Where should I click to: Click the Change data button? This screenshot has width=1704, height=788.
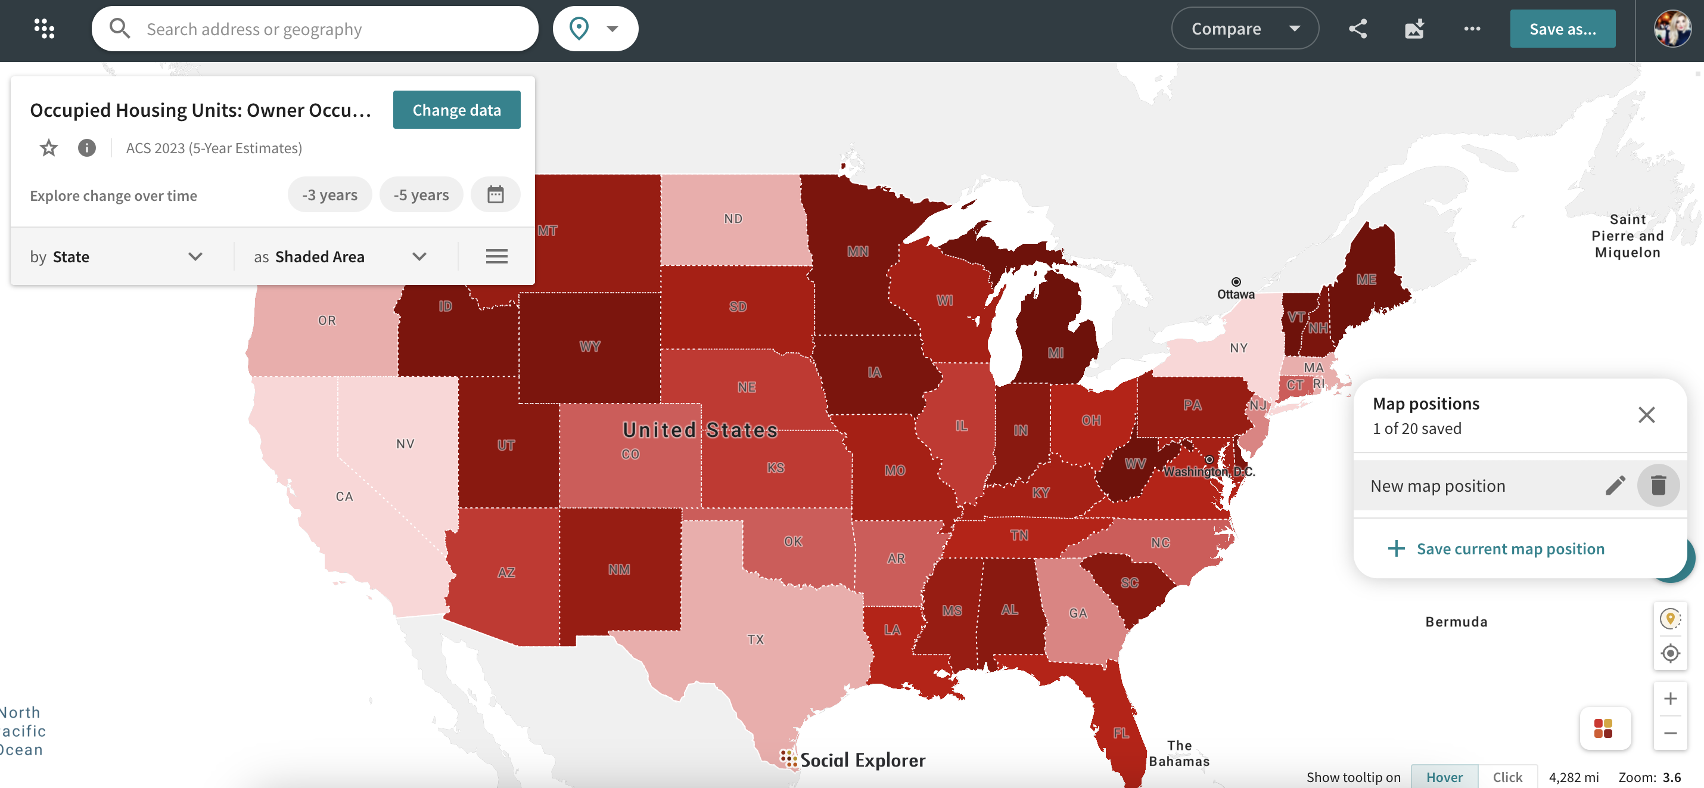click(456, 110)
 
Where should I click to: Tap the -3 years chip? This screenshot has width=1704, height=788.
click(329, 195)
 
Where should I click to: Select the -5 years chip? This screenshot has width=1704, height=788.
click(421, 195)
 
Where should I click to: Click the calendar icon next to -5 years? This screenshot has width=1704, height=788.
click(496, 195)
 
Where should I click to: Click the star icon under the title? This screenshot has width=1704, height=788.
click(49, 148)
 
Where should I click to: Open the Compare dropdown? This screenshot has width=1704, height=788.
click(1244, 29)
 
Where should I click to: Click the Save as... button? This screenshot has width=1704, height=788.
click(1562, 29)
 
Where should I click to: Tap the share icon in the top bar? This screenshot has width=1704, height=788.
click(1358, 29)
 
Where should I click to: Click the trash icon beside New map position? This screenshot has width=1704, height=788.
click(1658, 486)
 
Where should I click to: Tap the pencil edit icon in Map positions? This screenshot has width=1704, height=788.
click(1615, 486)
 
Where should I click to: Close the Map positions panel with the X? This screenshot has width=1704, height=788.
click(1646, 415)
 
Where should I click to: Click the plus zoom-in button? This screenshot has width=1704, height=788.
click(1669, 699)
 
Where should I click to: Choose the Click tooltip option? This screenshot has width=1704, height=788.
click(1507, 777)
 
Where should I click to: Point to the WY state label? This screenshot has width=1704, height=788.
click(589, 347)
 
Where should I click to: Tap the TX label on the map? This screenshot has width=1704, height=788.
click(755, 640)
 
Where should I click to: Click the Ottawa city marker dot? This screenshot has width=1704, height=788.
click(1236, 282)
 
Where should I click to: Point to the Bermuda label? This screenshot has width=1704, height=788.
click(1456, 622)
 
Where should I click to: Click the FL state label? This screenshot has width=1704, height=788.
click(1121, 733)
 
